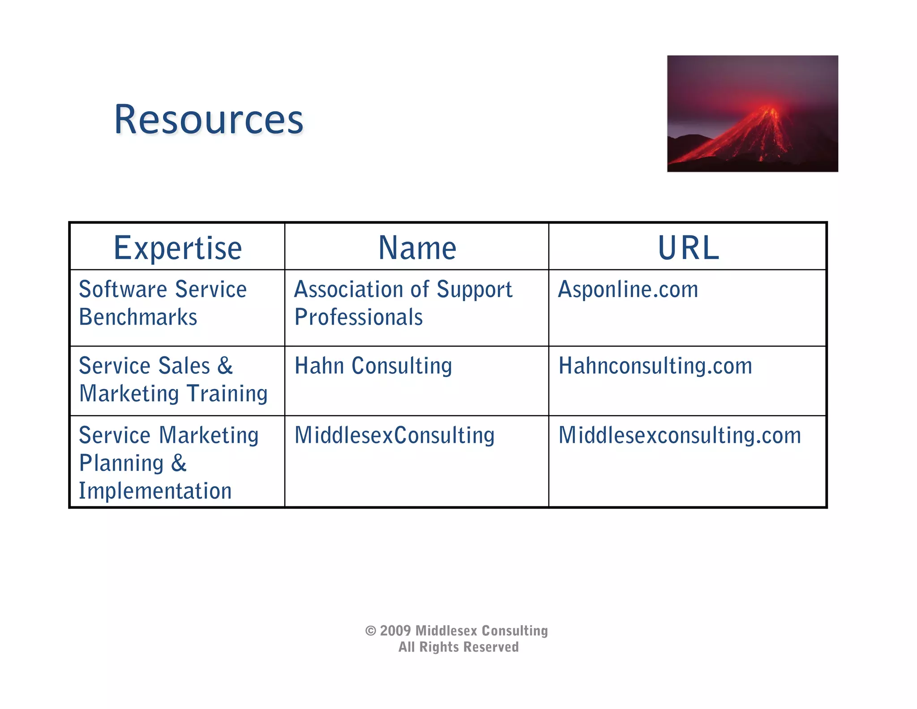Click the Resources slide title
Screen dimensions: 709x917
pyautogui.click(x=209, y=120)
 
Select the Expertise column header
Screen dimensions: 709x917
pyautogui.click(x=178, y=248)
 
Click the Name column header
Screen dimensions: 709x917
pyautogui.click(x=417, y=248)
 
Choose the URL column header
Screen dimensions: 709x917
pyautogui.click(x=688, y=248)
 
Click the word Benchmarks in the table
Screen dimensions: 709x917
pyautogui.click(x=138, y=317)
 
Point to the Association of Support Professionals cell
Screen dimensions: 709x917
pyautogui.click(x=403, y=303)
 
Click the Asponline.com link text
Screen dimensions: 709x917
pyautogui.click(x=628, y=290)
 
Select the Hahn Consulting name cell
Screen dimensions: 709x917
pyautogui.click(x=373, y=366)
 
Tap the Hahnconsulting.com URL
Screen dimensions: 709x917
pyautogui.click(x=655, y=366)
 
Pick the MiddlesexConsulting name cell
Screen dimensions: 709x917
pyautogui.click(x=394, y=435)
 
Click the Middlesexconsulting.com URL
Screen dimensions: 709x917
pyautogui.click(x=679, y=435)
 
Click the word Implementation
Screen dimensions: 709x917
pyautogui.click(x=155, y=491)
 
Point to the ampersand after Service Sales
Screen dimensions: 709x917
pyautogui.click(x=225, y=366)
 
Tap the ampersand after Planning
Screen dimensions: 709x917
pyautogui.click(x=179, y=463)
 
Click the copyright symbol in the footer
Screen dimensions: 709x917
pyautogui.click(x=370, y=631)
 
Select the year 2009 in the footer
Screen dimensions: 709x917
pyautogui.click(x=395, y=631)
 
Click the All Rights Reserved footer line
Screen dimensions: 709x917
pyautogui.click(x=458, y=647)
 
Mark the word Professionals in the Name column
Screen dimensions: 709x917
pyautogui.click(x=358, y=317)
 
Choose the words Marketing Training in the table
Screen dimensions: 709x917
pyautogui.click(x=173, y=393)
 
